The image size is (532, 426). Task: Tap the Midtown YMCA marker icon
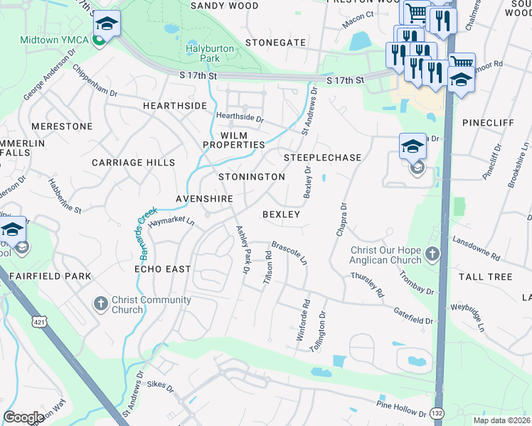click(100, 39)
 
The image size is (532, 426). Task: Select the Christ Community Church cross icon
click(100, 304)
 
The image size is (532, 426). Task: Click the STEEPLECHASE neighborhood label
click(322, 157)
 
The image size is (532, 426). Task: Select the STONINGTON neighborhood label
click(251, 177)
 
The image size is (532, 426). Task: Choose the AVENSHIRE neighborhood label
click(205, 198)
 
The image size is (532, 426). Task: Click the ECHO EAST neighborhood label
click(163, 269)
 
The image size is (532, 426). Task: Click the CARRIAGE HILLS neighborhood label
click(133, 163)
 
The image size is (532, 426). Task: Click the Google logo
click(23, 417)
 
